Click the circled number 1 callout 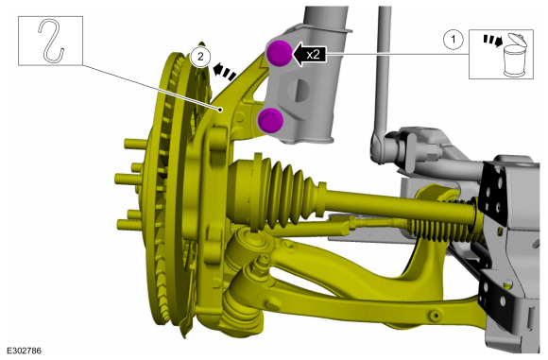click(x=454, y=39)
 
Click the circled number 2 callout click(x=200, y=57)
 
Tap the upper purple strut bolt click(x=279, y=53)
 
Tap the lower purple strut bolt click(x=270, y=120)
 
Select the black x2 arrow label click(x=309, y=55)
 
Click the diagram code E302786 click(x=24, y=351)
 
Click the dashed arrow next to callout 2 click(x=224, y=72)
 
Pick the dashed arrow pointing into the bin click(x=493, y=41)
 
